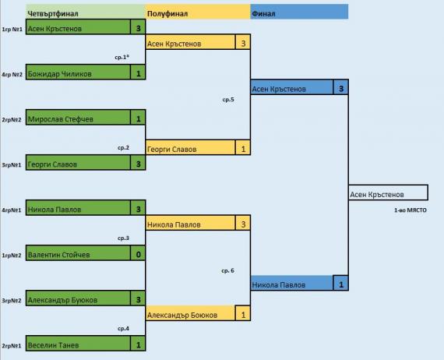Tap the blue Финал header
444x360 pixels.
click(299, 12)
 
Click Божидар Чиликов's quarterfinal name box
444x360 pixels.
click(78, 72)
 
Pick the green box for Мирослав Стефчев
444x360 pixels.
click(78, 117)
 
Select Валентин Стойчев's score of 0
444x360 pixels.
click(138, 253)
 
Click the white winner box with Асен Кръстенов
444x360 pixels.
click(388, 192)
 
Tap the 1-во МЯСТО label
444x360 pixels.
click(411, 210)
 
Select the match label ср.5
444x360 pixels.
click(228, 100)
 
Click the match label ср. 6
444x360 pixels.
click(227, 270)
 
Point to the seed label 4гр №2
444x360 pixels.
click(12, 75)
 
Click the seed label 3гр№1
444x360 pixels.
click(12, 165)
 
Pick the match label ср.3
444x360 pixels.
click(123, 238)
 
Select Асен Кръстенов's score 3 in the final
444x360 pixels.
click(341, 87)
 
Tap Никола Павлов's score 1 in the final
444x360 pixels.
click(341, 283)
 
